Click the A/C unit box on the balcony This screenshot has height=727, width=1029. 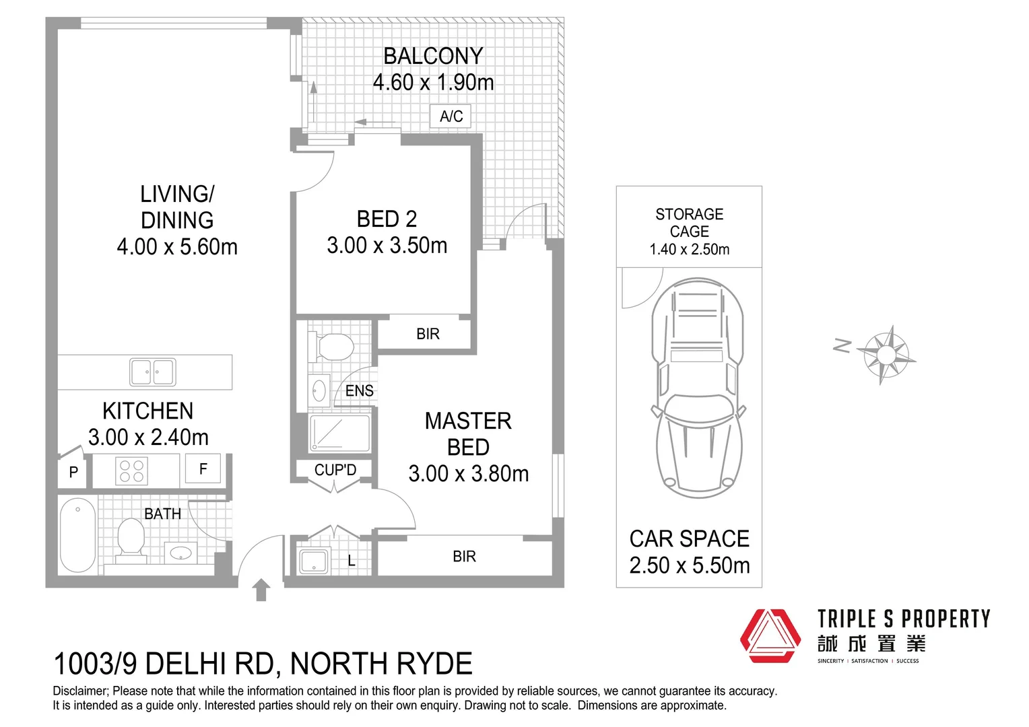tap(451, 116)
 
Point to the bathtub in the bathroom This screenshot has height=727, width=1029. tap(77, 535)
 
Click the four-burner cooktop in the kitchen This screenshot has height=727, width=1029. tap(132, 471)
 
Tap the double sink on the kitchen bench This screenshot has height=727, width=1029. tap(153, 372)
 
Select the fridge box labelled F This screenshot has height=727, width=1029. tap(203, 469)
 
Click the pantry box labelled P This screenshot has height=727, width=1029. tap(73, 473)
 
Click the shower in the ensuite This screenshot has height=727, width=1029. tap(339, 433)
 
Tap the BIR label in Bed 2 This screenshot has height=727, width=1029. tap(428, 334)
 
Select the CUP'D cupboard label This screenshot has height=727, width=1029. tap(335, 470)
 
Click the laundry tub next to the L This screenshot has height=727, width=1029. tap(313, 561)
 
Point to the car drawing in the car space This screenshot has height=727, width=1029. tap(696, 387)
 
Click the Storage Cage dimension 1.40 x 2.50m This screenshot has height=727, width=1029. tap(689, 249)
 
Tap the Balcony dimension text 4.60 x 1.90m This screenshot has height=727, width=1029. tap(433, 83)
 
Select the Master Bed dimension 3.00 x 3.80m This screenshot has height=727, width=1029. tap(468, 474)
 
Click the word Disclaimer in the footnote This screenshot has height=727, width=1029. tap(79, 691)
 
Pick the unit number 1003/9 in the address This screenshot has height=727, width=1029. tap(95, 664)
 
